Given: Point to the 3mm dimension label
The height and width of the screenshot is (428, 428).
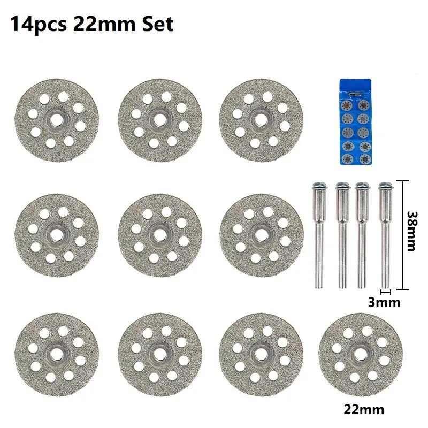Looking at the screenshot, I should coord(384,302).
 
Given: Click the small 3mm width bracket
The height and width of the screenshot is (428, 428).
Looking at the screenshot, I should coord(385,292).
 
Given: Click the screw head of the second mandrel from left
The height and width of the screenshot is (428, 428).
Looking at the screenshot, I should coord(341,186).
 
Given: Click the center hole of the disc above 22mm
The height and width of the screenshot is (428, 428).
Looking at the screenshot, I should coord(361,354).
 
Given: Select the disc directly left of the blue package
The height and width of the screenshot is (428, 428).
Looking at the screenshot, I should coord(262,121).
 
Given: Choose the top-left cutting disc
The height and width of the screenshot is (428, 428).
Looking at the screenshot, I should coord(57,121).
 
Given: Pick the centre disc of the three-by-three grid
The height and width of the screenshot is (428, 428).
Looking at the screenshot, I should coord(159,235).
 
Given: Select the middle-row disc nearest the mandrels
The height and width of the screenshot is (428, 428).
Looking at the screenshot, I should coord(262,235).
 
